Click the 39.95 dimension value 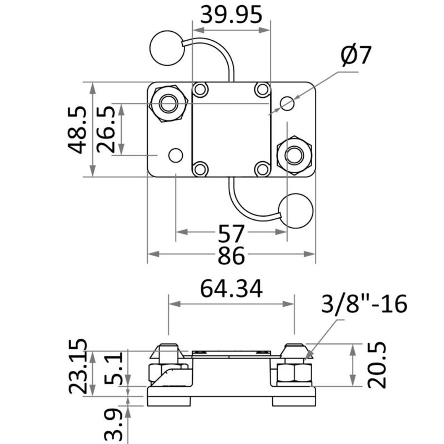click(x=231, y=15)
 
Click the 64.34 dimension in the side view click(x=231, y=289)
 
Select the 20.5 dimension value click(x=377, y=365)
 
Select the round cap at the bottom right click(x=295, y=211)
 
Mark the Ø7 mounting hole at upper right click(x=287, y=103)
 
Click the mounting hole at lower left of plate click(x=176, y=155)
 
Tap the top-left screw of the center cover click(x=200, y=89)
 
